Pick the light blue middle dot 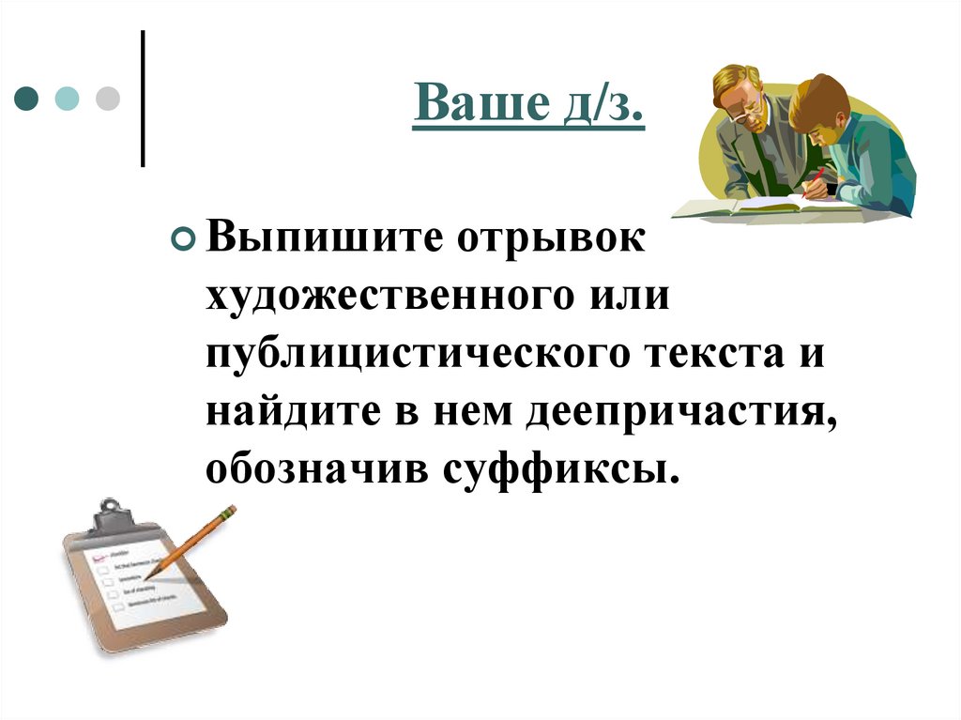point(67,98)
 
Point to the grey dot point(108,98)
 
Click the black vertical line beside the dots point(143,99)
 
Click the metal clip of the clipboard point(111,513)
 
